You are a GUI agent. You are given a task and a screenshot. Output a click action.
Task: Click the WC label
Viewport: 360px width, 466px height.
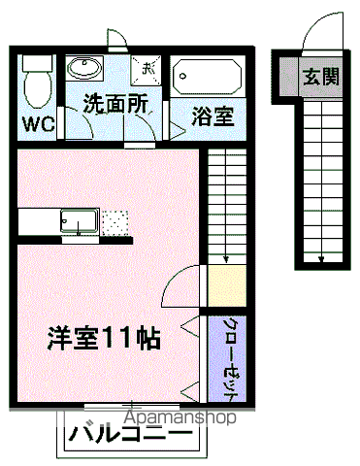tap(39, 123)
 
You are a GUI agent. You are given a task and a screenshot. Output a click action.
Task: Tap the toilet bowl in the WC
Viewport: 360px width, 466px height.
tap(38, 88)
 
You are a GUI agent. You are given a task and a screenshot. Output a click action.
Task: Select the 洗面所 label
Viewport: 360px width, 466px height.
tap(115, 103)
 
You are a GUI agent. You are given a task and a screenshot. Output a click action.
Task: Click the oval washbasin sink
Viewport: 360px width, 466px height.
tap(84, 68)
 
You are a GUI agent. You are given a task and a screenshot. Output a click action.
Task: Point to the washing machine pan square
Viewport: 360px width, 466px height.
tap(146, 70)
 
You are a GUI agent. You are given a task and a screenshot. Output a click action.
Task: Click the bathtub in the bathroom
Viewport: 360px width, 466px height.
tap(208, 77)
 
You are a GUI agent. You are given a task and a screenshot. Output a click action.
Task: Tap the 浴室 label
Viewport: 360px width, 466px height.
tap(213, 116)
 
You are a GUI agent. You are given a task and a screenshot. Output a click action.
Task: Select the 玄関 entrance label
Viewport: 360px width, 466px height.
tap(321, 77)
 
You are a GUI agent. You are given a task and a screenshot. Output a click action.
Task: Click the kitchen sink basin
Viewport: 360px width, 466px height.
tap(79, 221)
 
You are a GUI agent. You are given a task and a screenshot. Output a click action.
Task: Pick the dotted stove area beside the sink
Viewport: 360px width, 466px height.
tap(115, 223)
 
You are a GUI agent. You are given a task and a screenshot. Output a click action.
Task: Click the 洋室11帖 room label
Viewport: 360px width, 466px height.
tap(104, 339)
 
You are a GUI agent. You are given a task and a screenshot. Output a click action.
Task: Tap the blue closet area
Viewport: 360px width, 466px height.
tap(227, 358)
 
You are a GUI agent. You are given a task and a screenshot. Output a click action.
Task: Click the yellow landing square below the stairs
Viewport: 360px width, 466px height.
tap(227, 285)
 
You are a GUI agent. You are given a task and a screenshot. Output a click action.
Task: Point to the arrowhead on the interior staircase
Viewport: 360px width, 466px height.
tap(226, 259)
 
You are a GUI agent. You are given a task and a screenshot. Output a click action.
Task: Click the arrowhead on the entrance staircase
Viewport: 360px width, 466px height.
tap(321, 259)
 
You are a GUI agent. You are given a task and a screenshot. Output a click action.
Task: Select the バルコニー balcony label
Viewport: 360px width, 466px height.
tap(130, 433)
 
